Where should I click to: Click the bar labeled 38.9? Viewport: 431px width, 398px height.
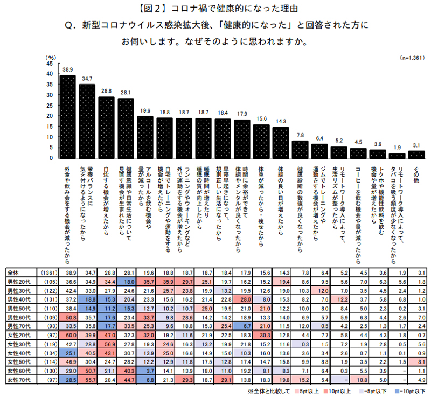pos(67,116)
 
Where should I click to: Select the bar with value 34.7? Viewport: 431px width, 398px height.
pos(87,121)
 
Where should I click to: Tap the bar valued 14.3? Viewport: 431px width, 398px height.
pos(281,143)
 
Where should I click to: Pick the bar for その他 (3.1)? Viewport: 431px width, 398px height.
pos(416,155)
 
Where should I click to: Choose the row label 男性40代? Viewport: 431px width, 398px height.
pos(22,298)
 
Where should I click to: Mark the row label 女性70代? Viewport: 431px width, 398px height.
pos(22,380)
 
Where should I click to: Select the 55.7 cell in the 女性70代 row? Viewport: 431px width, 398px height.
pos(87,380)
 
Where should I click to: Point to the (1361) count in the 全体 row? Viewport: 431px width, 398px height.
pos(46,273)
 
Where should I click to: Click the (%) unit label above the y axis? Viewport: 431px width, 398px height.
pos(51,57)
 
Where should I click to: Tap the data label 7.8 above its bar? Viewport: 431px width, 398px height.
pos(300,135)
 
